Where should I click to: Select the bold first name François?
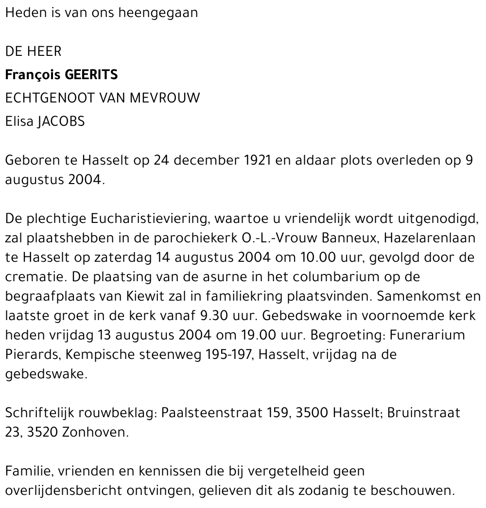[31, 75]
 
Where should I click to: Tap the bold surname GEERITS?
[91, 75]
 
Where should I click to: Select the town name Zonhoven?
[95, 432]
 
